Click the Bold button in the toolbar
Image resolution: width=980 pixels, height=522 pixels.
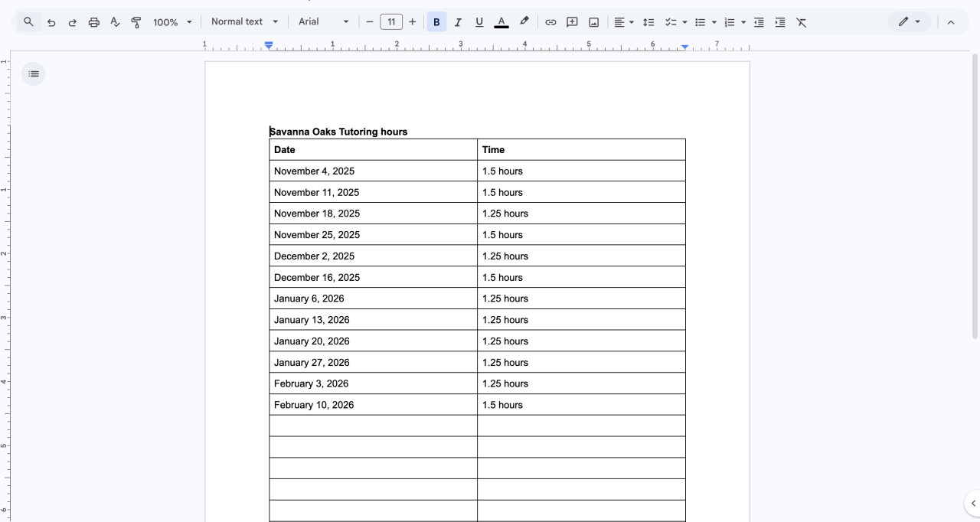[x=436, y=22]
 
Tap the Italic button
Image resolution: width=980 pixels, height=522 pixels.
[x=458, y=22]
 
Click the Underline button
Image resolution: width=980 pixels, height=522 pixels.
[x=479, y=22]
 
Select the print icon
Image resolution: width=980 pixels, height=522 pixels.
[x=94, y=22]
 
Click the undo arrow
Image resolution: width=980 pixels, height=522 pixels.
[x=51, y=22]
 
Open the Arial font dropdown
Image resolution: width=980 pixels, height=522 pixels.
[x=323, y=22]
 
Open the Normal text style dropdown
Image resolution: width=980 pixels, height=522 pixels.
[x=244, y=22]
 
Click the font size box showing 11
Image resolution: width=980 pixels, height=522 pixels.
[x=391, y=22]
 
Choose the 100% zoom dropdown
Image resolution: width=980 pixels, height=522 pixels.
[x=172, y=22]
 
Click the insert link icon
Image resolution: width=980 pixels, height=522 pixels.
[x=550, y=22]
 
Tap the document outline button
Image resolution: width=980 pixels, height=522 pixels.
[x=34, y=74]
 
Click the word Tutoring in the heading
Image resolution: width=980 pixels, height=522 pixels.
[x=358, y=132]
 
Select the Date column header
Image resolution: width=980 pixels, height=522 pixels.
[x=285, y=150]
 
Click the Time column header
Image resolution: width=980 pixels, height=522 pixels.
[x=494, y=150]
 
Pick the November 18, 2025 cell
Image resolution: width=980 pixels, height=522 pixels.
[x=317, y=214]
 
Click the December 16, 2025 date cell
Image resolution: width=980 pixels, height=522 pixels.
[x=317, y=278]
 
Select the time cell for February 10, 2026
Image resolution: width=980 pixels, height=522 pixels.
[x=502, y=405]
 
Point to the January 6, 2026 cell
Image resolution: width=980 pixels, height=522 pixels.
[x=309, y=299]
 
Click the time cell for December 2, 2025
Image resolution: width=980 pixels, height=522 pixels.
[x=505, y=256]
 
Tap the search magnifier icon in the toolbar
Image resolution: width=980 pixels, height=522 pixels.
[x=29, y=22]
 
